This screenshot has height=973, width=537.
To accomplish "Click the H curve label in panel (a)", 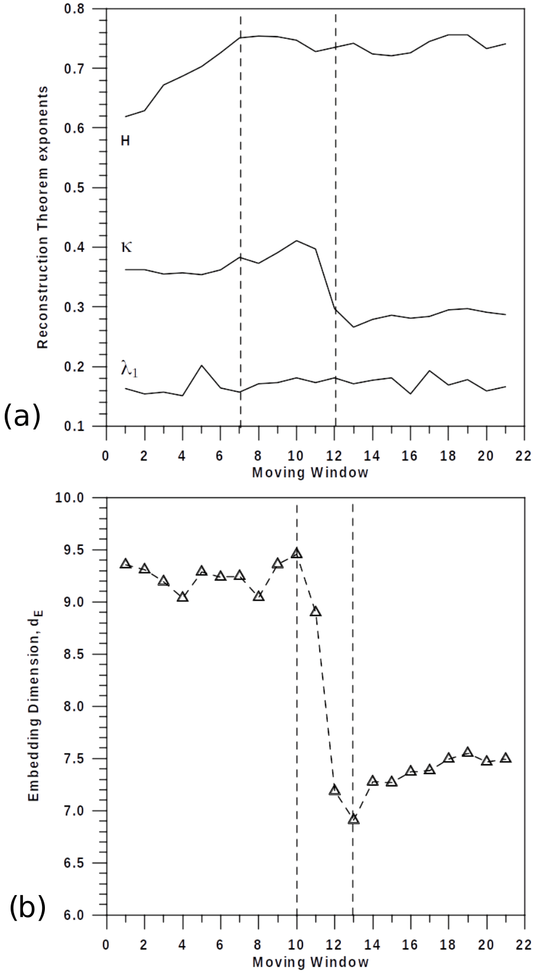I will (x=125, y=141).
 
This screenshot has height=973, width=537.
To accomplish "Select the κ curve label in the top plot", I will (x=126, y=247).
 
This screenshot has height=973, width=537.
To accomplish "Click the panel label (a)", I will (x=22, y=416).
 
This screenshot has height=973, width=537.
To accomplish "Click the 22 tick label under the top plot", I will (x=523, y=456).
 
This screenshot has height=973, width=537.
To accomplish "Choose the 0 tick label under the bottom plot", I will (x=106, y=945).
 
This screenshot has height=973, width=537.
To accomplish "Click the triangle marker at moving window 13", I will (x=353, y=819).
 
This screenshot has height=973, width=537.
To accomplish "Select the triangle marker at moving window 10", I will (x=297, y=553).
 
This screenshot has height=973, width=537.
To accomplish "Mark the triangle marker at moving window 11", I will (x=315, y=611).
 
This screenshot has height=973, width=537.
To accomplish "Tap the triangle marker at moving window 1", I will (x=125, y=564).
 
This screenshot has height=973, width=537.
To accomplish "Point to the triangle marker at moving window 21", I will (x=506, y=758).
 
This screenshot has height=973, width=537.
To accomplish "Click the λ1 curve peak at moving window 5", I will (x=201, y=365).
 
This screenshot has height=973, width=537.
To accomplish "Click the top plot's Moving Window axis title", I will (x=310, y=473).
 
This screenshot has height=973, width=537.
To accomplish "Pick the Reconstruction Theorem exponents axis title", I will (x=43, y=217).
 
